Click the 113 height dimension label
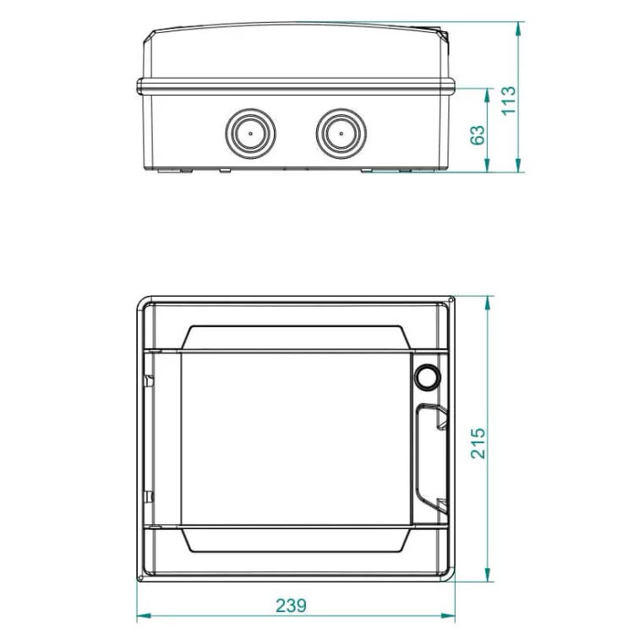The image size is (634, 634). pyautogui.click(x=509, y=101)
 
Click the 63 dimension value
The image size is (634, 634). pyautogui.click(x=477, y=135)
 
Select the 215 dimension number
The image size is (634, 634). pyautogui.click(x=478, y=443)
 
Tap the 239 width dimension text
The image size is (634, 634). pyautogui.click(x=291, y=606)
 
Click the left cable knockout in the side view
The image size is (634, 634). pyautogui.click(x=251, y=134)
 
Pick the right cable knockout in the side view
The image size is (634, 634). pyautogui.click(x=342, y=134)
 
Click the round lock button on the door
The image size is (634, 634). pyautogui.click(x=427, y=376)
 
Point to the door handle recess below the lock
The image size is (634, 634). pyautogui.click(x=431, y=458)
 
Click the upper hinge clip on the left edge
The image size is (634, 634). pyautogui.click(x=149, y=381)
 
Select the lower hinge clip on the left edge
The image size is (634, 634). pyautogui.click(x=149, y=496)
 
